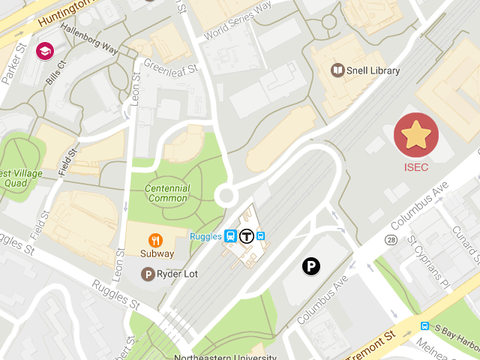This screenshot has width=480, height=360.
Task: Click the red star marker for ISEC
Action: (x=416, y=135)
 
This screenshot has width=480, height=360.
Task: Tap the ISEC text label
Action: (x=416, y=167)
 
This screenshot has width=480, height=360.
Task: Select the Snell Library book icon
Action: (x=338, y=70)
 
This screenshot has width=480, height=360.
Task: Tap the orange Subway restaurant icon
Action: (x=156, y=240)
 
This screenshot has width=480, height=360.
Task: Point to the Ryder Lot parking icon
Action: (x=148, y=274)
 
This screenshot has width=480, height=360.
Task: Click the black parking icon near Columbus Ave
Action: (x=311, y=265)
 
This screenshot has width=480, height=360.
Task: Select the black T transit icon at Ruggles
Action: (x=246, y=236)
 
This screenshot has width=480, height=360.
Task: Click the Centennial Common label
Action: (x=168, y=193)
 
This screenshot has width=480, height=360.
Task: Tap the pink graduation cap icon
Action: (x=45, y=51)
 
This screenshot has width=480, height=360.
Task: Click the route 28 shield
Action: (x=391, y=239)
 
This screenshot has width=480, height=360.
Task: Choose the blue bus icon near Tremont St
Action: (x=425, y=326)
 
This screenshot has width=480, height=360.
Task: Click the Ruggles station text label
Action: (x=205, y=236)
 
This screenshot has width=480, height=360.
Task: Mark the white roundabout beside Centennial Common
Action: (x=226, y=196)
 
